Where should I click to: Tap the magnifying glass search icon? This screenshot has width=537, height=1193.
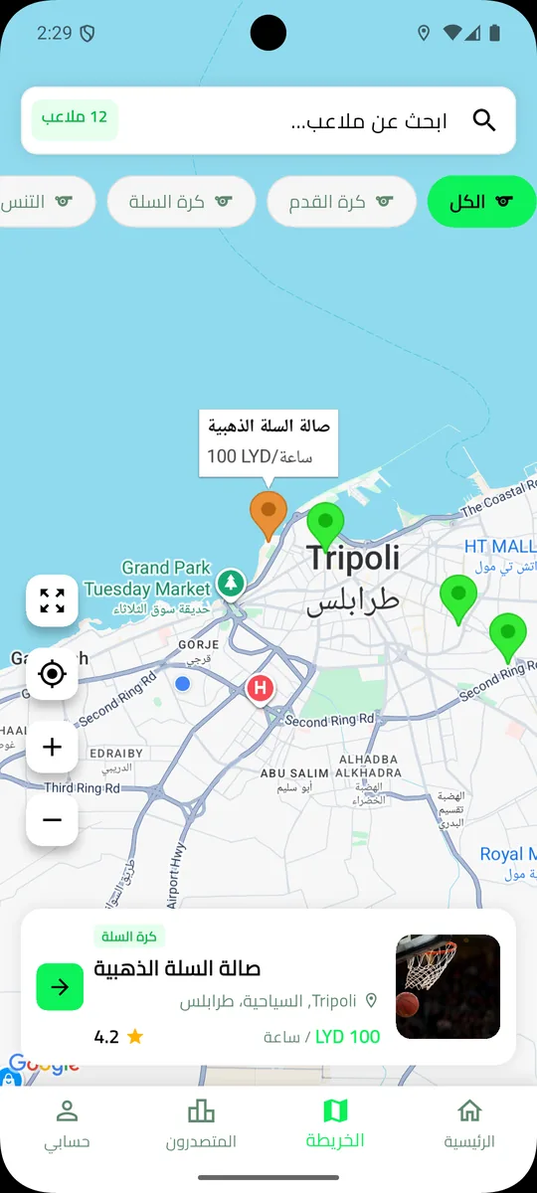click(484, 121)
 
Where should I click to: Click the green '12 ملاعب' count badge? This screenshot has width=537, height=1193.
click(75, 118)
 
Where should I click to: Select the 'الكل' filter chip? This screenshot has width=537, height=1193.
click(482, 202)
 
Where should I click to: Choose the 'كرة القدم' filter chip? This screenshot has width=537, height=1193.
click(341, 202)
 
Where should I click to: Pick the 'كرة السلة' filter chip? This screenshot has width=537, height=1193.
click(180, 202)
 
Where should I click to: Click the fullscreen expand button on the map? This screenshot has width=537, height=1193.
click(53, 600)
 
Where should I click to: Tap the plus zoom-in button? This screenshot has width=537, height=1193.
click(53, 748)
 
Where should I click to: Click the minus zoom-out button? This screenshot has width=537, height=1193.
click(53, 820)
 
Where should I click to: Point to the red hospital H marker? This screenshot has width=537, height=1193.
click(261, 687)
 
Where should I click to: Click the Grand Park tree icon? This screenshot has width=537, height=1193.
click(231, 583)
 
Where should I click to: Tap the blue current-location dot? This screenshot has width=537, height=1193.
click(182, 683)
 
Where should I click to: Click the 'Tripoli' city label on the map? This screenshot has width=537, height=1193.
click(353, 558)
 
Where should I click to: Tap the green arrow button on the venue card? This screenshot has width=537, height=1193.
click(60, 986)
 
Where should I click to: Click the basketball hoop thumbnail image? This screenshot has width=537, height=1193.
click(447, 986)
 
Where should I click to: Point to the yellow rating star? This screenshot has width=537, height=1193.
click(135, 1037)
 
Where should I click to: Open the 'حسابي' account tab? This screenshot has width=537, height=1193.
click(67, 1123)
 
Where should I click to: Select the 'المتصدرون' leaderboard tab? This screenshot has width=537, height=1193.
click(201, 1123)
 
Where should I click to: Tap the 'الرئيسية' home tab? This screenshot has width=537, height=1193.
click(469, 1123)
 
